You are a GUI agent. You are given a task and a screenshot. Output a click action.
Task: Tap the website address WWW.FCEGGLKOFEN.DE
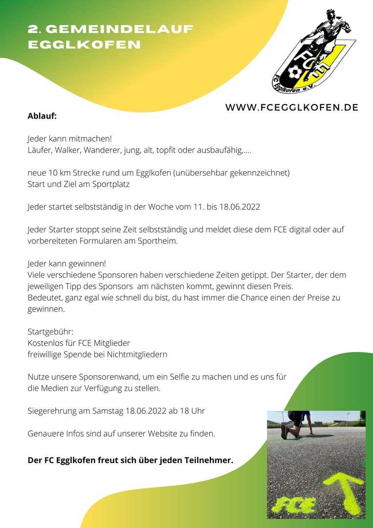coord(291,108)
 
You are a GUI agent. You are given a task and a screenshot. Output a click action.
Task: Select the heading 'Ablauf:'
coord(42,116)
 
